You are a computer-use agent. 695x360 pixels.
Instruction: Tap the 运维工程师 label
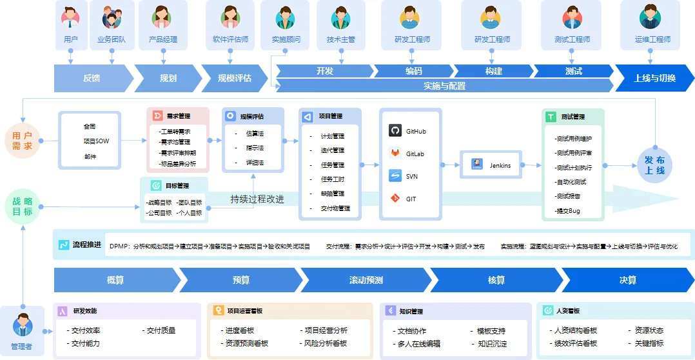[652, 39]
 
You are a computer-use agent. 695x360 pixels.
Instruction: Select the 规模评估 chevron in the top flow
[233, 78]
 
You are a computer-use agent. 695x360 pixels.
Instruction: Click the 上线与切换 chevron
[654, 78]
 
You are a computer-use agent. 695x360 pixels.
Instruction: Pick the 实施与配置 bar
[444, 85]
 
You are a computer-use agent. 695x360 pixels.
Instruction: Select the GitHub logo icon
[395, 131]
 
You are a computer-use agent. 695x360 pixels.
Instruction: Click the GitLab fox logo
[395, 154]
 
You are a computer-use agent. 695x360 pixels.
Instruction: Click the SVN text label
[411, 176]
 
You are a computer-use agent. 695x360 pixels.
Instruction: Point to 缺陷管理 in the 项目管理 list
[332, 194]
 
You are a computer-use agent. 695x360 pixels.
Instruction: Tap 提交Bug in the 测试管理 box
[567, 211]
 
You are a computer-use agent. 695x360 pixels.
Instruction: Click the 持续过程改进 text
[257, 199]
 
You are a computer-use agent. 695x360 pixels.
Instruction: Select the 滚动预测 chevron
[366, 280]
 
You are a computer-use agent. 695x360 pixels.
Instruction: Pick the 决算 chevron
[627, 280]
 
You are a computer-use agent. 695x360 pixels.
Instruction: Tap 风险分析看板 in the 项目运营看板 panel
[325, 343]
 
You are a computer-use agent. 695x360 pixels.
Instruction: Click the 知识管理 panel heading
[411, 311]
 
